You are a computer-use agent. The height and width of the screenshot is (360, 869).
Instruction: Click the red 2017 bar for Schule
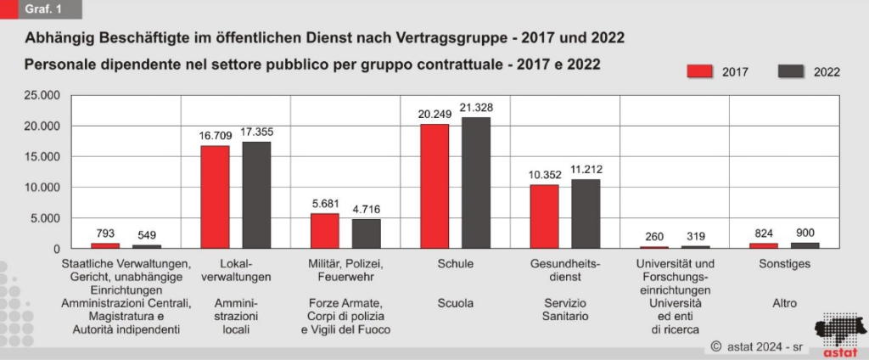(434, 186)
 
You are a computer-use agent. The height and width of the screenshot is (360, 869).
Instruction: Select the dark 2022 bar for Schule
(475, 183)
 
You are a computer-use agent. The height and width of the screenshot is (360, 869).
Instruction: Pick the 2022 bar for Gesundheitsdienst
(586, 214)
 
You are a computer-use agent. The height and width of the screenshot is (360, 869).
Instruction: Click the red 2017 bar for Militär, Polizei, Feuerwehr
(324, 231)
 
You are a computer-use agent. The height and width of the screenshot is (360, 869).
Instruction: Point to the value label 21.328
(475, 108)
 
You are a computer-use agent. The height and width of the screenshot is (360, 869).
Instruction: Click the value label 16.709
(215, 133)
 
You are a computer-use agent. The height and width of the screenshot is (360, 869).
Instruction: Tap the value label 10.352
(544, 174)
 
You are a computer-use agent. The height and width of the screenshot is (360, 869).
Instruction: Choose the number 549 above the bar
(147, 235)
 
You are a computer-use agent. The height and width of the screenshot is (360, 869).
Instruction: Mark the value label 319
(696, 237)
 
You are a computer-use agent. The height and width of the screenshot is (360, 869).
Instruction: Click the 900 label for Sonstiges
(805, 233)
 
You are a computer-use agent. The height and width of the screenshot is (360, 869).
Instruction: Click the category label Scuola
(456, 303)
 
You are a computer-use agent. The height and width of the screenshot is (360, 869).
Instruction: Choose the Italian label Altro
(785, 303)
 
